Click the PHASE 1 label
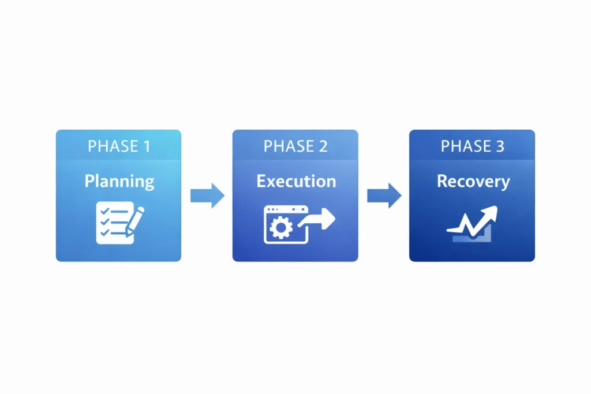point(119,147)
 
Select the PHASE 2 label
point(295,147)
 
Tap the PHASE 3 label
point(472,147)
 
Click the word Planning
point(119,182)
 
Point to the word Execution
point(295,182)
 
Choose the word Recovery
point(473,182)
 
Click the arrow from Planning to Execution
point(207,196)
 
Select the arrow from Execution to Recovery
point(384,196)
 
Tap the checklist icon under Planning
point(111,223)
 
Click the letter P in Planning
point(89,181)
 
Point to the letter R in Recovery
point(442,181)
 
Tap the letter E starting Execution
point(261,181)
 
